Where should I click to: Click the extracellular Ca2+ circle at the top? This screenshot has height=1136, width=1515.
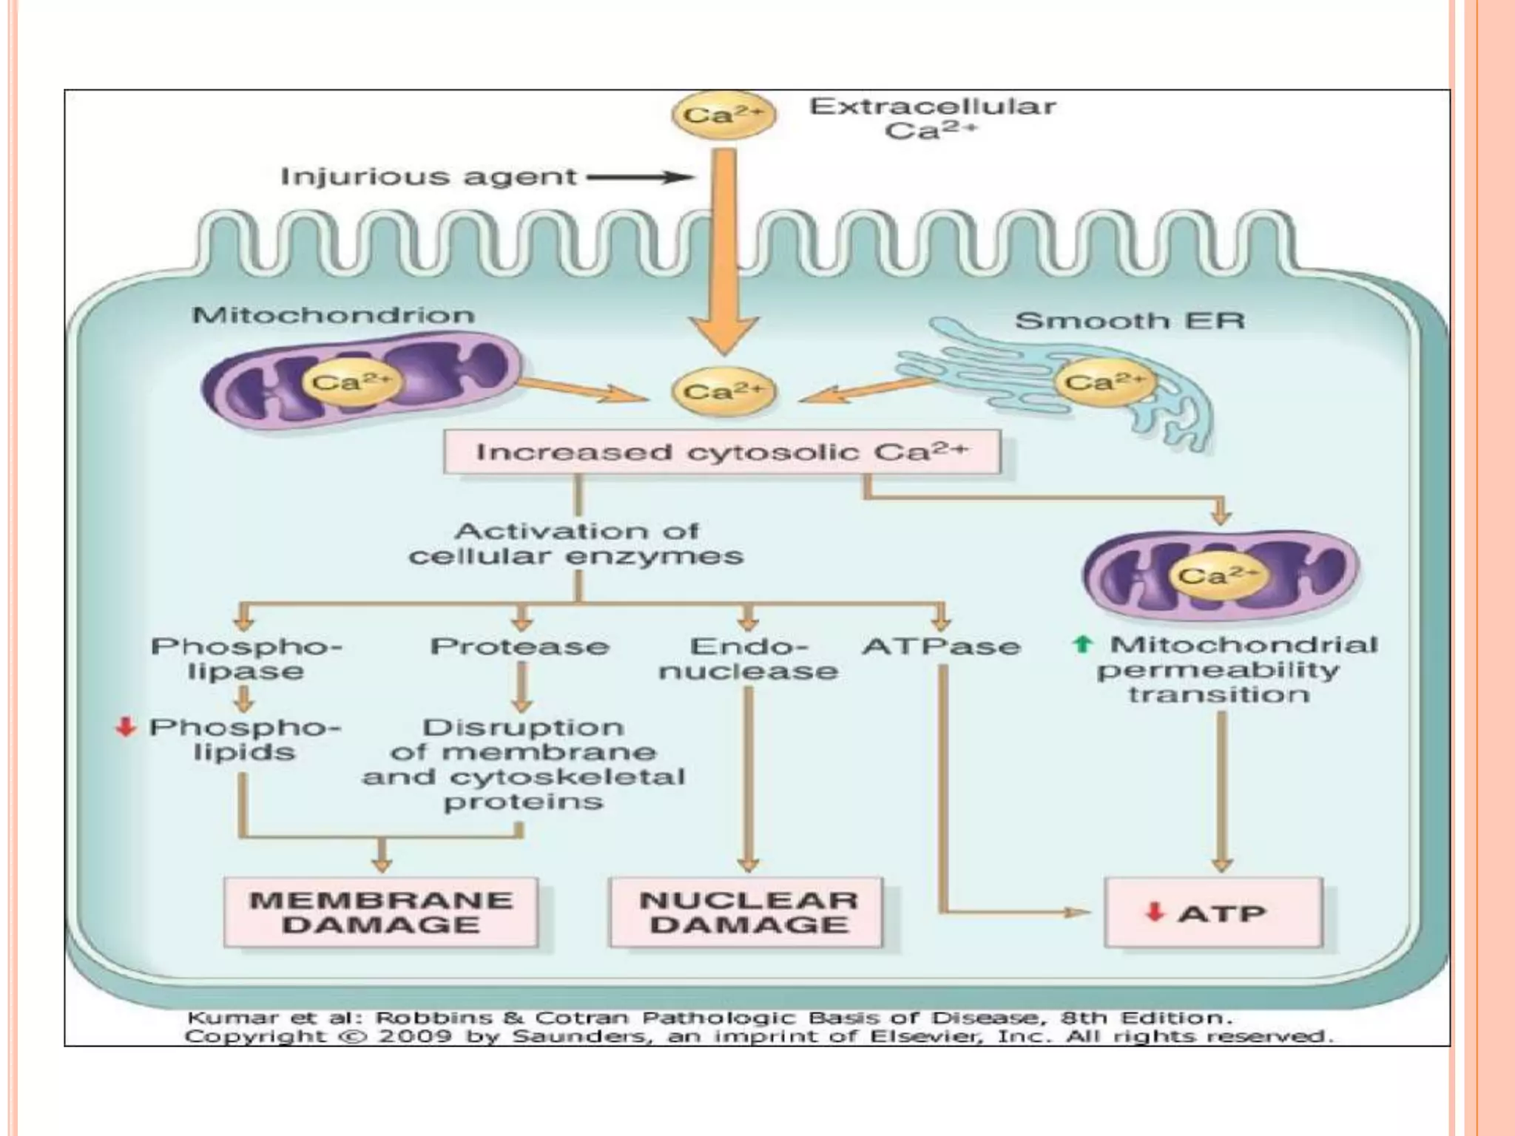723,115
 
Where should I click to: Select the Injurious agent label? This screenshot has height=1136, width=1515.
428,177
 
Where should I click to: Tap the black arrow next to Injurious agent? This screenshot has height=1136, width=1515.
641,177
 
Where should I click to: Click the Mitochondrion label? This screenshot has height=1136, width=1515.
334,316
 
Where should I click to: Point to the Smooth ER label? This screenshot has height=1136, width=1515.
1130,321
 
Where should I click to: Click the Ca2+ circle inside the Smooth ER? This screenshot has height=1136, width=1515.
1104,382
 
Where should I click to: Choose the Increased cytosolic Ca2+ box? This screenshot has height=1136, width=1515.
722,452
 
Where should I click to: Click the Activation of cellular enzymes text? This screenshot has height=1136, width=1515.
576,544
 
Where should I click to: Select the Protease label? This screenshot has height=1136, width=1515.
520,647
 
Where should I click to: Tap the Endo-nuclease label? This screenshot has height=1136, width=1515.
749,659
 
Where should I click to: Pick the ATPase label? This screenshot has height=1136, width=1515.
941,647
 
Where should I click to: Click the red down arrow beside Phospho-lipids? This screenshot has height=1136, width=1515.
126,728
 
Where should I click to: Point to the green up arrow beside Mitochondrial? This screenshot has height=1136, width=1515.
1082,645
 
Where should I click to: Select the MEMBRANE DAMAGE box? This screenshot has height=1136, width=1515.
381,913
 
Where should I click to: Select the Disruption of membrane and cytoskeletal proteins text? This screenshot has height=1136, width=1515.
523,765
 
